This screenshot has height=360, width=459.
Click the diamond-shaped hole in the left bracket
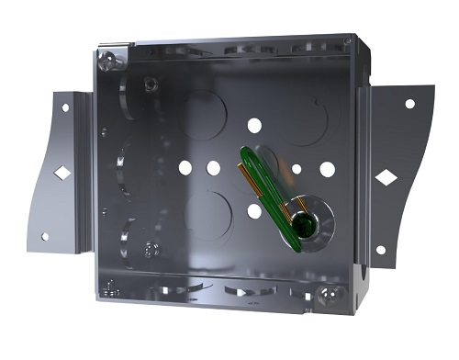click(x=61, y=172)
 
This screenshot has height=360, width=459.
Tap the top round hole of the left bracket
click(x=65, y=107)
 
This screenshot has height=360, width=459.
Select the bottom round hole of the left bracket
click(x=44, y=236)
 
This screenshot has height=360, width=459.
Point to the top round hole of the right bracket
click(x=409, y=103)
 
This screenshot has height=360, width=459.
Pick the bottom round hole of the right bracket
click(x=381, y=250)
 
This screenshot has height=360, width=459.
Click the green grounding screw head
click(x=302, y=219)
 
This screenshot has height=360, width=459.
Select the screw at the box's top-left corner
click(x=111, y=61)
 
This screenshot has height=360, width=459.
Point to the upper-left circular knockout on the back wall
click(x=203, y=116)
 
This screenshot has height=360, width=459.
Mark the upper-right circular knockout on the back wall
click(x=306, y=120)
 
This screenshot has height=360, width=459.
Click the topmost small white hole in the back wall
click(x=253, y=125)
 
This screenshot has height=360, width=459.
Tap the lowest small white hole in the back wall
click(x=254, y=211)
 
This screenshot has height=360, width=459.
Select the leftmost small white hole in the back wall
click(x=185, y=168)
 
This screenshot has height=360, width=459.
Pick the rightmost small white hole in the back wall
click(x=327, y=169)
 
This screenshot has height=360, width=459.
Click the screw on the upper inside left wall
click(x=150, y=85)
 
